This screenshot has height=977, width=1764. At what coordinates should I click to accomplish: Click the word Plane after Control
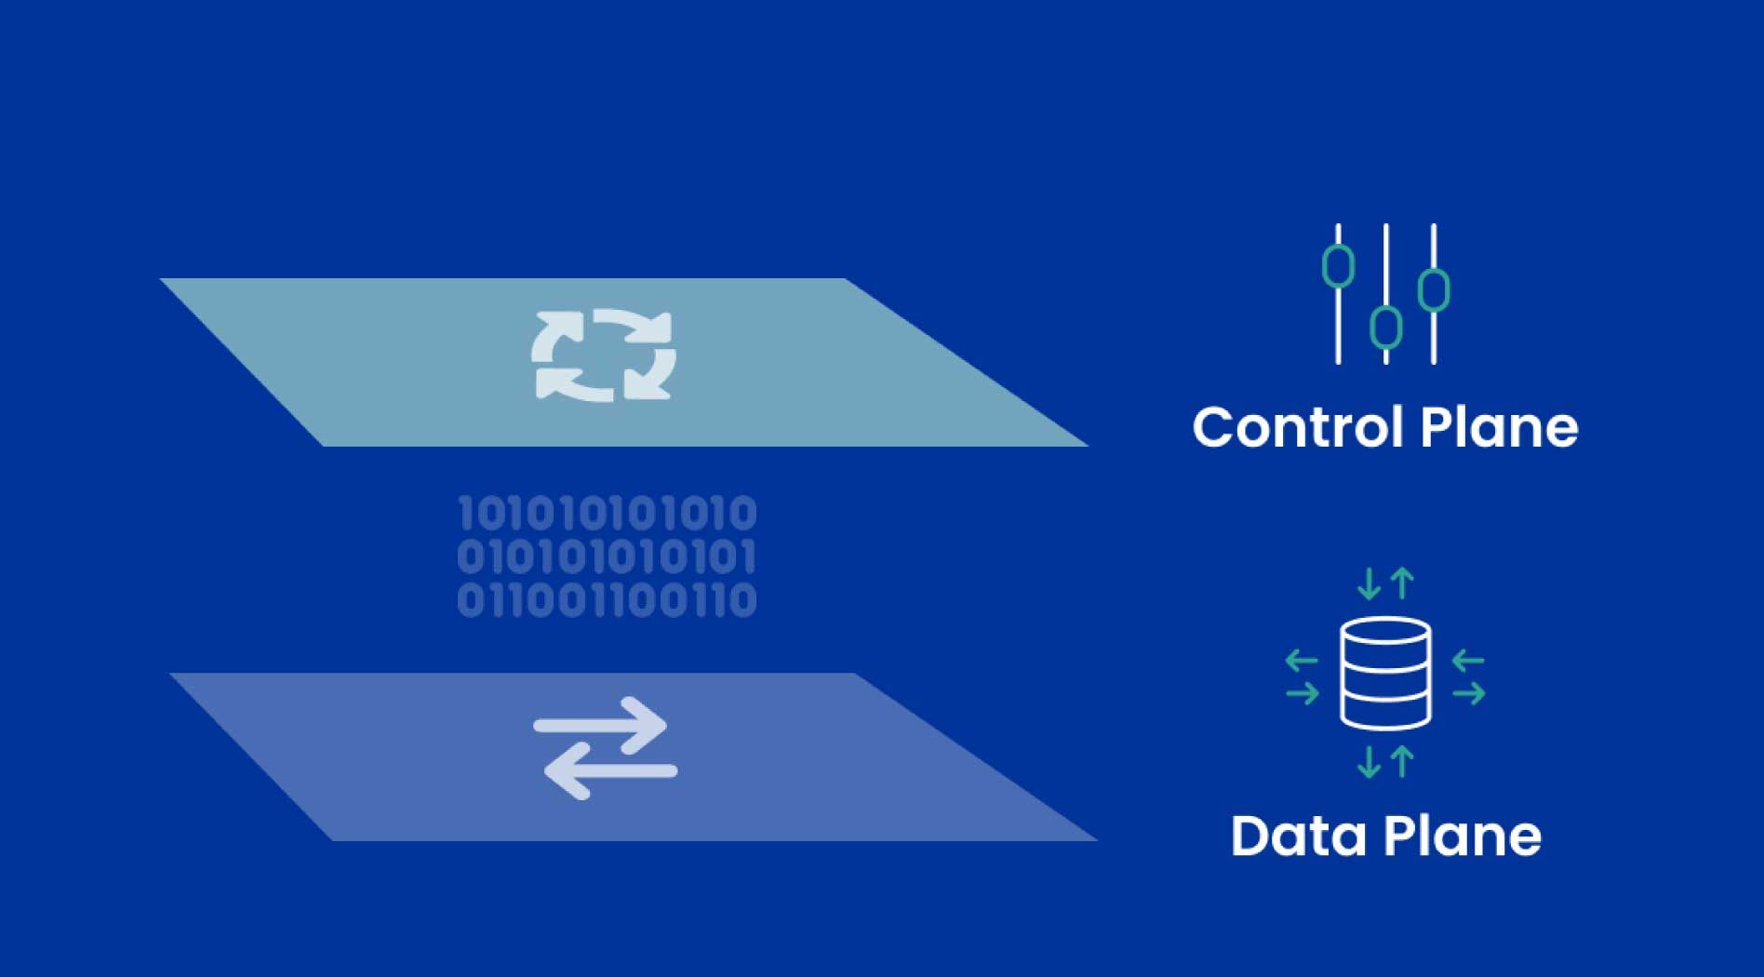click(1500, 427)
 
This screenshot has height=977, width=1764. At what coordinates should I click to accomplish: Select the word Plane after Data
click(1463, 836)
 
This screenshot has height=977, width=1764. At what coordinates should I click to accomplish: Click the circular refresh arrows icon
click(604, 355)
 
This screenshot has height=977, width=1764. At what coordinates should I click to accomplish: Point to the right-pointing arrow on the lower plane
click(601, 725)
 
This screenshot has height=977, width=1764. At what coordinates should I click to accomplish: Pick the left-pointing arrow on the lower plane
click(609, 770)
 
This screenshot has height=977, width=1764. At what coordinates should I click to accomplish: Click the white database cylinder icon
click(1385, 673)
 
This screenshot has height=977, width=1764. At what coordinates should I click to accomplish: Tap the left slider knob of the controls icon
click(1338, 266)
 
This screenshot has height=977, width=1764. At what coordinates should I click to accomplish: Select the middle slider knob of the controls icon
click(1386, 327)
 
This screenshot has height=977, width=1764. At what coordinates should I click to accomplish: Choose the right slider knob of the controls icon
click(1434, 290)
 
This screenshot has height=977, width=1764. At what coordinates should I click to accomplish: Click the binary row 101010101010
click(607, 514)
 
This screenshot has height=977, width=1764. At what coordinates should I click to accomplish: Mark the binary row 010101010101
click(607, 556)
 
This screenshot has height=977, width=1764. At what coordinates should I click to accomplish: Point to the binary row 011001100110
click(607, 600)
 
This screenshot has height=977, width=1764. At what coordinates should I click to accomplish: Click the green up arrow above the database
click(1402, 583)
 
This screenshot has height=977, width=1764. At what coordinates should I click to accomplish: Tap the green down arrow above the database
click(1369, 583)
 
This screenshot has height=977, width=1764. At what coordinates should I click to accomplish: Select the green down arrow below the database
click(1369, 761)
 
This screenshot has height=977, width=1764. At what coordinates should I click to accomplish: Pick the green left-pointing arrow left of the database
click(1302, 662)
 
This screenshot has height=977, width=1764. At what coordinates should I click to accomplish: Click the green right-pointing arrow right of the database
click(1469, 693)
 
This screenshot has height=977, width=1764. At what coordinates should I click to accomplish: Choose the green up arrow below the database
click(1402, 761)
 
